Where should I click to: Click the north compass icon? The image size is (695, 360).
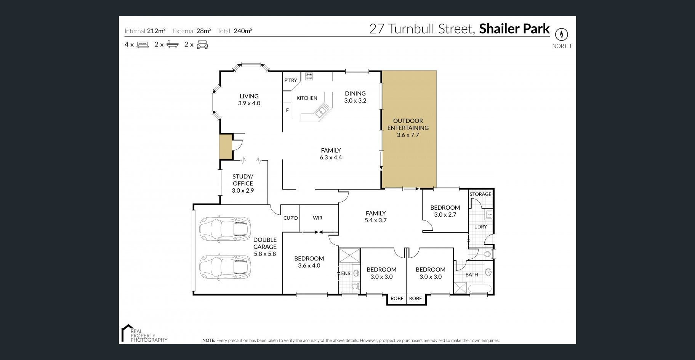point(561,34)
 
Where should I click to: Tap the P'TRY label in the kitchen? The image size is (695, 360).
point(291,80)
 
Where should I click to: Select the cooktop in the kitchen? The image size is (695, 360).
point(309,77)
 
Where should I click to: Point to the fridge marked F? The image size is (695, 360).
point(287,110)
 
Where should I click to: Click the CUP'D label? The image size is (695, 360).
point(291,218)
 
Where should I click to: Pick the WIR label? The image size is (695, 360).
point(318,218)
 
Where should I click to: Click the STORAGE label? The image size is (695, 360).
point(480,194)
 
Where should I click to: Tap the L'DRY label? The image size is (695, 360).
point(480,227)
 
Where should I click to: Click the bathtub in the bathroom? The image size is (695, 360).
point(480,289)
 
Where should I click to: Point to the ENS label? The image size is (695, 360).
point(346,273)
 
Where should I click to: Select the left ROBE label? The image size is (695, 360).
point(397,299)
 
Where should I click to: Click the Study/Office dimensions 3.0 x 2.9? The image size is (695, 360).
point(243,191)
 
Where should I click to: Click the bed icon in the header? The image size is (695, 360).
point(143,45)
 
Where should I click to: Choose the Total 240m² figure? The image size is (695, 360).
point(235,31)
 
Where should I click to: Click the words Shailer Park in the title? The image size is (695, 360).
point(514,29)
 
